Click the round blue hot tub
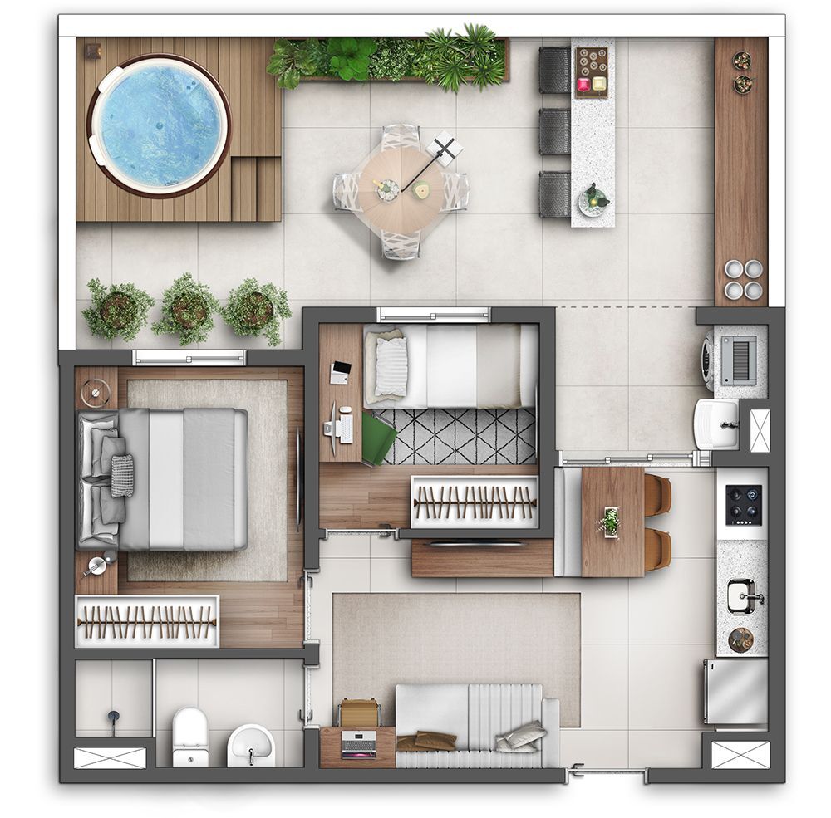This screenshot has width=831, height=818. [158, 125]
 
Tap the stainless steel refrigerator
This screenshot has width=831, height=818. [736, 691]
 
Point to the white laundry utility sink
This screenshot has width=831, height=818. [716, 424]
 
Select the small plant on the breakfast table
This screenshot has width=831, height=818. [611, 522]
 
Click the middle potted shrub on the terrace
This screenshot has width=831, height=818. [187, 309]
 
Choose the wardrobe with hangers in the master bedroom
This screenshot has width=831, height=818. [146, 621]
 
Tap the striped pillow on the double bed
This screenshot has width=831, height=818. [122, 475]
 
